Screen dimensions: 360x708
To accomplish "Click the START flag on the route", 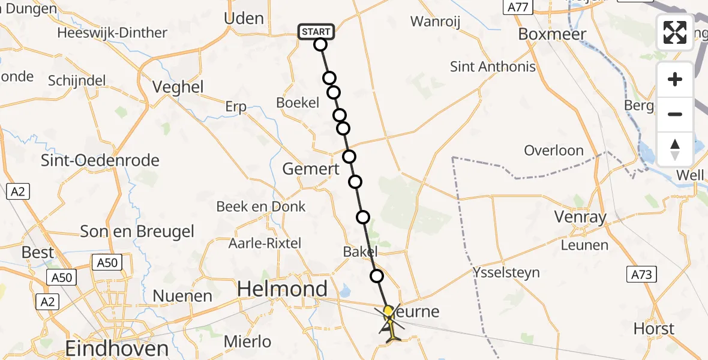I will pyautogui.click(x=316, y=32).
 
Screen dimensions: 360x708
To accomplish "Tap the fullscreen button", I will pyautogui.click(x=675, y=32).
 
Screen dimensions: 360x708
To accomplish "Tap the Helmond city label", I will pyautogui.click(x=283, y=289).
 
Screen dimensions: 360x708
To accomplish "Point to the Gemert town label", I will pyautogui.click(x=311, y=169).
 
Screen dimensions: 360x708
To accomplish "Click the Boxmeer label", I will pyautogui.click(x=552, y=34).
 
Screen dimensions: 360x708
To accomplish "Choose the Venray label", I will pyautogui.click(x=581, y=217).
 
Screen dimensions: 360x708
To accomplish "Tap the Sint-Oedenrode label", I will pyautogui.click(x=100, y=160).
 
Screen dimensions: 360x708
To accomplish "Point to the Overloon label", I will pyautogui.click(x=554, y=150).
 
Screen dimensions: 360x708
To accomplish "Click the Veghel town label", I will pyautogui.click(x=178, y=87).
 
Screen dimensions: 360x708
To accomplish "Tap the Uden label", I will pyautogui.click(x=244, y=19).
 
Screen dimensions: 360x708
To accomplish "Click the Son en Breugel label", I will pyautogui.click(x=137, y=232).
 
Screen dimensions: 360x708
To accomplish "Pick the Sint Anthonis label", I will pyautogui.click(x=493, y=67).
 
